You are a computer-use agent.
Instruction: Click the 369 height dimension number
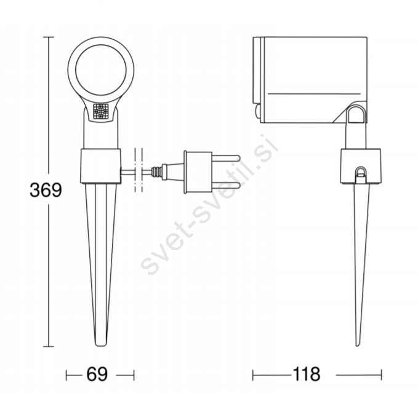pos(46,190)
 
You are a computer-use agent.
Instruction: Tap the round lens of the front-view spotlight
pos(101,70)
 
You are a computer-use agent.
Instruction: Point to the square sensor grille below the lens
pos(101,111)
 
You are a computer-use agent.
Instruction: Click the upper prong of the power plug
pos(226,158)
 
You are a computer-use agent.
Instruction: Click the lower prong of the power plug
pos(226,185)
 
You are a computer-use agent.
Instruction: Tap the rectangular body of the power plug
pos(198,172)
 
